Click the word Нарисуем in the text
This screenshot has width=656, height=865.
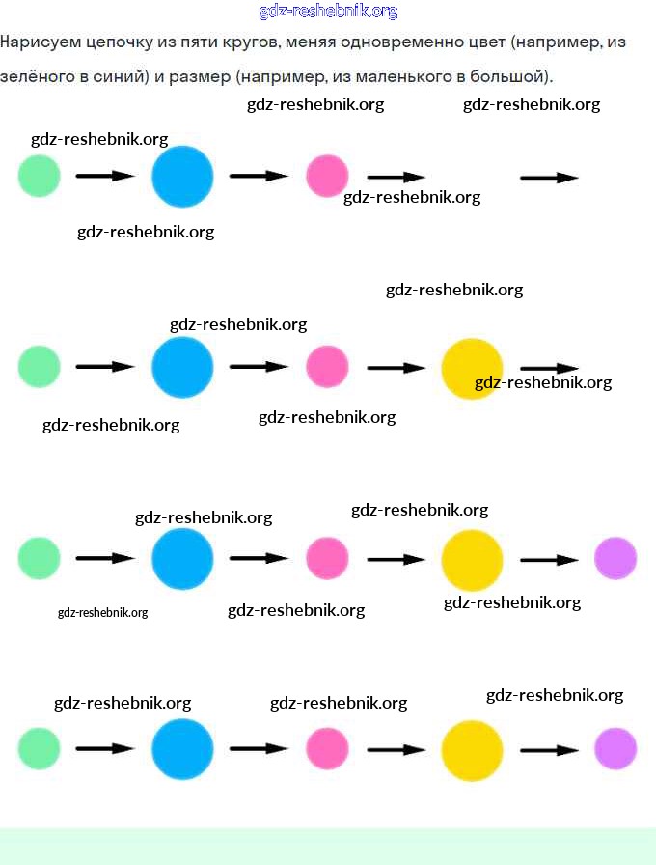tap(40, 43)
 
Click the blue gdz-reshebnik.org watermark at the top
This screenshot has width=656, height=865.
tap(328, 12)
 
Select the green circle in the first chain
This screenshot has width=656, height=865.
tap(40, 177)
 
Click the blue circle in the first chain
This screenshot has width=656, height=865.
tap(182, 177)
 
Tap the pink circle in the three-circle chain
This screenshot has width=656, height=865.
tap(327, 177)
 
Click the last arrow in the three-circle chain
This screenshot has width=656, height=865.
tap(549, 178)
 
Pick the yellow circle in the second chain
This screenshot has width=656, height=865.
tap(472, 368)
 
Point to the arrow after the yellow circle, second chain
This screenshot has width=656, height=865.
tap(549, 368)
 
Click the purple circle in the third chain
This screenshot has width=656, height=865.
tap(615, 558)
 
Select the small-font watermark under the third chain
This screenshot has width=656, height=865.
tap(102, 612)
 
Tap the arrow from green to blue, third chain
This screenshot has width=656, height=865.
tap(105, 558)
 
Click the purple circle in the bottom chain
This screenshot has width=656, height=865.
tap(615, 748)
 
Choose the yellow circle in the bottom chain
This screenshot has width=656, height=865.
tap(472, 749)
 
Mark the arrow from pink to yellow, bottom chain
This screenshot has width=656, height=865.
tap(396, 749)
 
